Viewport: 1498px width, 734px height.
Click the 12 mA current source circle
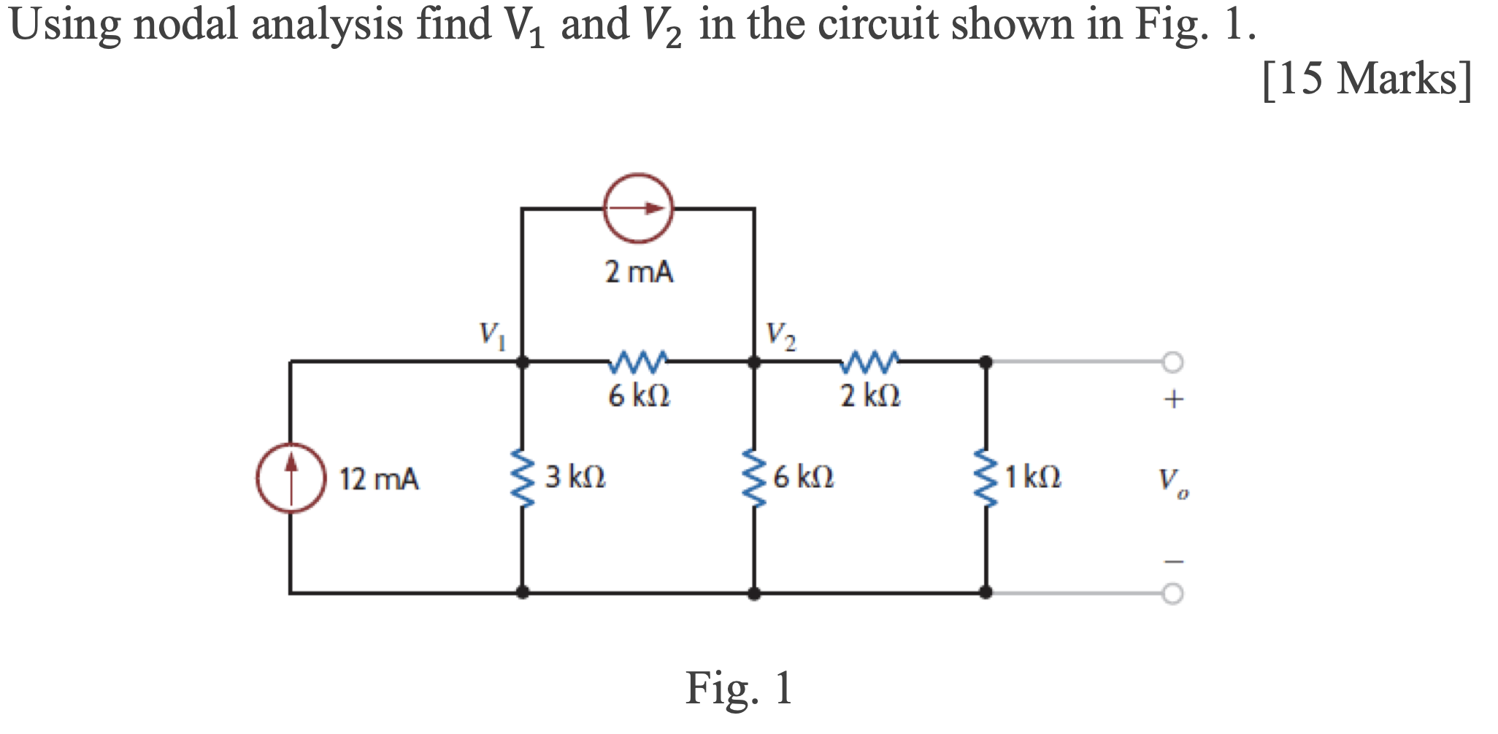pyautogui.click(x=291, y=479)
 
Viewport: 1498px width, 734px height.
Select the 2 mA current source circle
pyautogui.click(x=638, y=209)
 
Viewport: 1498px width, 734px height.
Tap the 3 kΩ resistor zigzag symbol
pyautogui.click(x=522, y=478)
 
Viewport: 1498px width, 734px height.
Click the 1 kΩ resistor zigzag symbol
pyautogui.click(x=986, y=478)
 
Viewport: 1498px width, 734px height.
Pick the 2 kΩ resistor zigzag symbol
pyautogui.click(x=870, y=360)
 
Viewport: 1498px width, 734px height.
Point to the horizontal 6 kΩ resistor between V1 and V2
pyautogui.click(x=638, y=360)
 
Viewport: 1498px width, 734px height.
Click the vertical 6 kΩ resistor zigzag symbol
pyautogui.click(x=754, y=478)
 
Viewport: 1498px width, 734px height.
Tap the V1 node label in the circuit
pyautogui.click(x=491, y=336)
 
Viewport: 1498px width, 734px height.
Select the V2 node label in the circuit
pyautogui.click(x=780, y=336)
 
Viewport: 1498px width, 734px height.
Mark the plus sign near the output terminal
pyautogui.click(x=1173, y=399)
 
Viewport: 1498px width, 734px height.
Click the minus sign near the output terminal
pyautogui.click(x=1173, y=561)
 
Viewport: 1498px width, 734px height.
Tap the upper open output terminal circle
pyautogui.click(x=1172, y=362)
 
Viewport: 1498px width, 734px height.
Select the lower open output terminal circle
pyautogui.click(x=1172, y=594)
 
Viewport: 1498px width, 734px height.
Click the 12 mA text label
pyautogui.click(x=379, y=479)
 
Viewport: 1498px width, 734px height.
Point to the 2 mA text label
pyautogui.click(x=639, y=272)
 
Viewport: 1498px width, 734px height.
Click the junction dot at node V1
pyautogui.click(x=522, y=361)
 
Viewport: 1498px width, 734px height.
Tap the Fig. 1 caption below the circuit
pyautogui.click(x=739, y=688)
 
